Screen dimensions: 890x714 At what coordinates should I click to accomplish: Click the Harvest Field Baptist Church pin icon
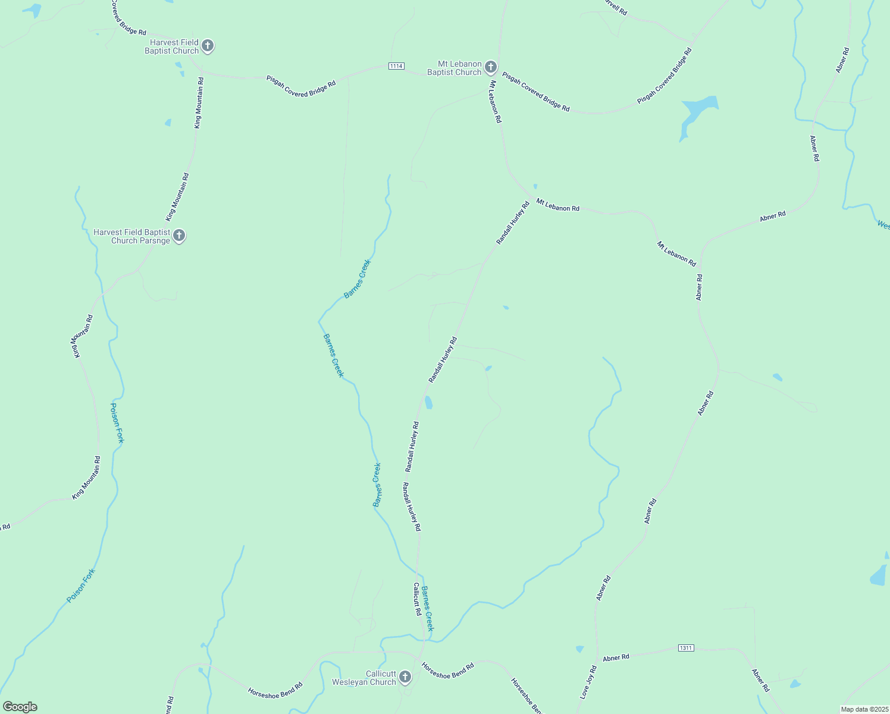pyautogui.click(x=207, y=46)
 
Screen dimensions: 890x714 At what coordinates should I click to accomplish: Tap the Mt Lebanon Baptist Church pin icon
pyautogui.click(x=490, y=67)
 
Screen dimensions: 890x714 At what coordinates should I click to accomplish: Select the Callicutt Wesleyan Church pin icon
pyautogui.click(x=405, y=677)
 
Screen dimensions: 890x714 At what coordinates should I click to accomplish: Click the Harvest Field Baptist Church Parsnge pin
pyautogui.click(x=179, y=236)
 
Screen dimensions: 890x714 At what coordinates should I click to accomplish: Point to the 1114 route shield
pyautogui.click(x=397, y=65)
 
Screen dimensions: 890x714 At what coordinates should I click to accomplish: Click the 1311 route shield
pyautogui.click(x=685, y=647)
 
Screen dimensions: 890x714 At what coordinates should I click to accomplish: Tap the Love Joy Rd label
pyautogui.click(x=588, y=682)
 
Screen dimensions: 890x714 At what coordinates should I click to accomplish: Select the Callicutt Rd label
pyautogui.click(x=417, y=599)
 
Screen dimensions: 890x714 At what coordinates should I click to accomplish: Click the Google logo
pyautogui.click(x=20, y=707)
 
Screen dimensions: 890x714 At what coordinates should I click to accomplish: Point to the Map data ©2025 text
pyautogui.click(x=864, y=709)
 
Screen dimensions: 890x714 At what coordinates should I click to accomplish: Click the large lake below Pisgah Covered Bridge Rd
pyautogui.click(x=697, y=113)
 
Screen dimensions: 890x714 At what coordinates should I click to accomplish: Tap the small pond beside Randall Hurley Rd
pyautogui.click(x=428, y=403)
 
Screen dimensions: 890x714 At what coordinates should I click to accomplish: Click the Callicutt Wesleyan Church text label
pyautogui.click(x=364, y=678)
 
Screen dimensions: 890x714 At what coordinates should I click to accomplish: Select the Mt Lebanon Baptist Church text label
pyautogui.click(x=455, y=68)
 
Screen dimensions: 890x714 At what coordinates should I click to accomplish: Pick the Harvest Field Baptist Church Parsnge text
pyautogui.click(x=132, y=236)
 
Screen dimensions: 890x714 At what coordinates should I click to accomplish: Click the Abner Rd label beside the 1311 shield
pyautogui.click(x=616, y=657)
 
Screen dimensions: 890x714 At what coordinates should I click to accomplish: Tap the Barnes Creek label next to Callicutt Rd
pyautogui.click(x=428, y=609)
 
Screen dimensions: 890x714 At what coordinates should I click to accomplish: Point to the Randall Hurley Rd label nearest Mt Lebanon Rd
pyautogui.click(x=513, y=224)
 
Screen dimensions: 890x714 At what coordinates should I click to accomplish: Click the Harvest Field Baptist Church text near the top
pyautogui.click(x=172, y=46)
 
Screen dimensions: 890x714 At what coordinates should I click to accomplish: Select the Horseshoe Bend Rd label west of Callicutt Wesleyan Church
pyautogui.click(x=275, y=690)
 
